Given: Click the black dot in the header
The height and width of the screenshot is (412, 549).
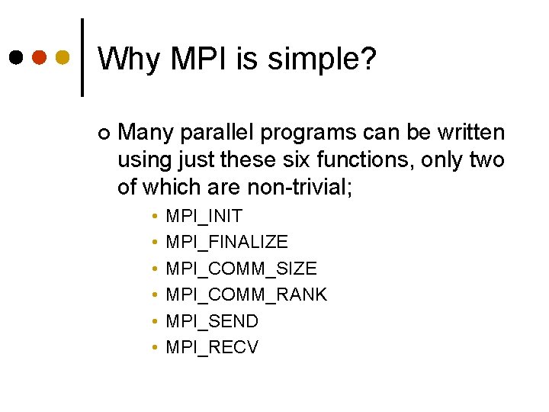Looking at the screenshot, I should pos(16,58).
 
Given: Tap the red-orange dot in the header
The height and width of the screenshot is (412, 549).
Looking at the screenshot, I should pos(40,58).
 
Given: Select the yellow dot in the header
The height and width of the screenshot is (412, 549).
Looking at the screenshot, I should pos(63,58).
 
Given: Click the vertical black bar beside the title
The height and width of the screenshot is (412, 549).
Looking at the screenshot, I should pos(82,58).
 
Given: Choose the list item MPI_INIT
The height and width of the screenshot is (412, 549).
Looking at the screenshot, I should pos(204,216).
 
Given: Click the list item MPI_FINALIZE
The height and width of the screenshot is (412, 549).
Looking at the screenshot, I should pos(226,242).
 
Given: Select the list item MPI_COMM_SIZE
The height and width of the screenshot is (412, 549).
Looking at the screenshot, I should pos(241,269).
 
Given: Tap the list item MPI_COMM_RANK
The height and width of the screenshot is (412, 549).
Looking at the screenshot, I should pos(246,295).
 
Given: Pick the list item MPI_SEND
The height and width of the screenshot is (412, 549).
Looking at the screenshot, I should pos(212,321).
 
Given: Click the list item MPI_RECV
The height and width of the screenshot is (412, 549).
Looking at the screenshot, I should pos(212,347).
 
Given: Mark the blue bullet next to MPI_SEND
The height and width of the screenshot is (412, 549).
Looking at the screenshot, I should pos(154,321).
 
